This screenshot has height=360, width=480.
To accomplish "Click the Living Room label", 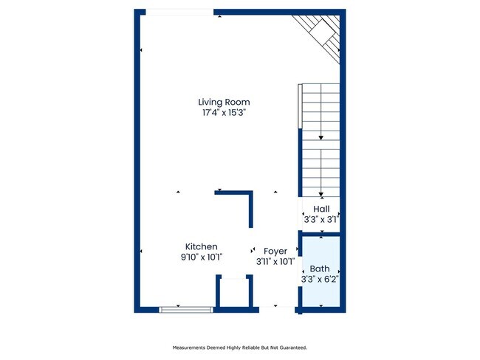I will (224, 102).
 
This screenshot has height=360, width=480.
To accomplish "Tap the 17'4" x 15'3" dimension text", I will (224, 113).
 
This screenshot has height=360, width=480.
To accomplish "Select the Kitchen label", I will (201, 246).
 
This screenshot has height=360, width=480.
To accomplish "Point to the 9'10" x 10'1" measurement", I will (201, 257).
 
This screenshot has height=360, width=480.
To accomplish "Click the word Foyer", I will (275, 251).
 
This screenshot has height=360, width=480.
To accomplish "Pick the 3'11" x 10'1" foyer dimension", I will (275, 261).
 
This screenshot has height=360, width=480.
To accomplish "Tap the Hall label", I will (321, 210).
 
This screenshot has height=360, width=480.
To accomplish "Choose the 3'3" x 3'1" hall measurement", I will (321, 220).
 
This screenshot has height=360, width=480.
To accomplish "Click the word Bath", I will (320, 269).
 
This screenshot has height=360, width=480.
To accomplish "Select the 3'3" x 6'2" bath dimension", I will (321, 280).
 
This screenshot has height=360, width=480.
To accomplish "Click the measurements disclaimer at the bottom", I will (240, 347).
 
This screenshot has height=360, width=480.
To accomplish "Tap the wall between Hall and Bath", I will (321, 233).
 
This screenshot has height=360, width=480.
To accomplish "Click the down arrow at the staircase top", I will (321, 137).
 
